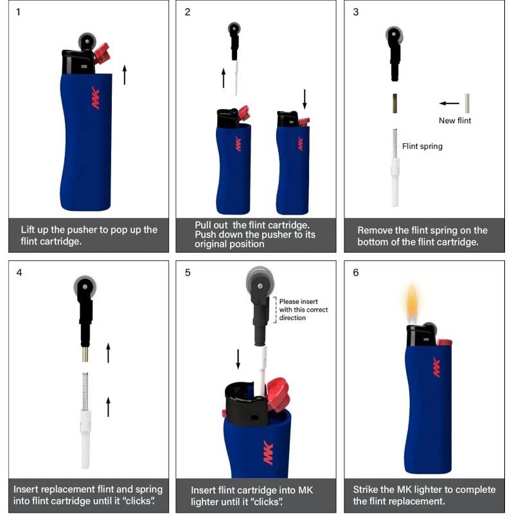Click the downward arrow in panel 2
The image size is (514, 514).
(305, 99)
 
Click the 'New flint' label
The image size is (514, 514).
(455, 120)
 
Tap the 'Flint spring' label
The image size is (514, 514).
(422, 146)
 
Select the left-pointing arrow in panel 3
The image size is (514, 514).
(449, 103)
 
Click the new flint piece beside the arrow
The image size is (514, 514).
(468, 103)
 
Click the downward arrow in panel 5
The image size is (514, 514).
(238, 359)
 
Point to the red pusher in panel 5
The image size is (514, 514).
(276, 393)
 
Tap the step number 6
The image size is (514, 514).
(356, 272)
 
